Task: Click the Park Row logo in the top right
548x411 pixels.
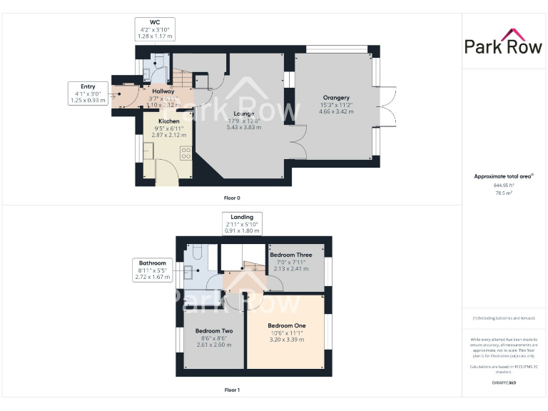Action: pyautogui.click(x=504, y=42)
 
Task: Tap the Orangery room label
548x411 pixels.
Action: pyautogui.click(x=335, y=98)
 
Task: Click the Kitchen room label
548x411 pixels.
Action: pyautogui.click(x=169, y=121)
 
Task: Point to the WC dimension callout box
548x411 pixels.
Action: pyautogui.click(x=155, y=29)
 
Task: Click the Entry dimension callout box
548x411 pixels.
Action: pyautogui.click(x=88, y=93)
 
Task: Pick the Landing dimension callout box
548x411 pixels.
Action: pyautogui.click(x=242, y=223)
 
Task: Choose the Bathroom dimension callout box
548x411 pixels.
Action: pyautogui.click(x=153, y=270)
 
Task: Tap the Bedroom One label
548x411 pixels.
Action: pyautogui.click(x=286, y=325)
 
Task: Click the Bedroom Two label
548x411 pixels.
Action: pyautogui.click(x=214, y=331)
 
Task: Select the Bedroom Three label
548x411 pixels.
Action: pyautogui.click(x=290, y=255)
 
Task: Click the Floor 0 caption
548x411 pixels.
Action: pyautogui.click(x=232, y=197)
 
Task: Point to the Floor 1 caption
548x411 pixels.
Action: pyautogui.click(x=232, y=390)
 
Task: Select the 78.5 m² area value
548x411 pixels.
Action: pyautogui.click(x=504, y=192)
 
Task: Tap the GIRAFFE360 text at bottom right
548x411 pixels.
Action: pyautogui.click(x=504, y=383)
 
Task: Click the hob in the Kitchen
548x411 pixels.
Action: pyautogui.click(x=186, y=153)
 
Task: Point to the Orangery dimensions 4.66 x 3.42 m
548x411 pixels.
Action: pyautogui.click(x=335, y=112)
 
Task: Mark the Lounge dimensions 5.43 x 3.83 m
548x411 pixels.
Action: pyautogui.click(x=244, y=127)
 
